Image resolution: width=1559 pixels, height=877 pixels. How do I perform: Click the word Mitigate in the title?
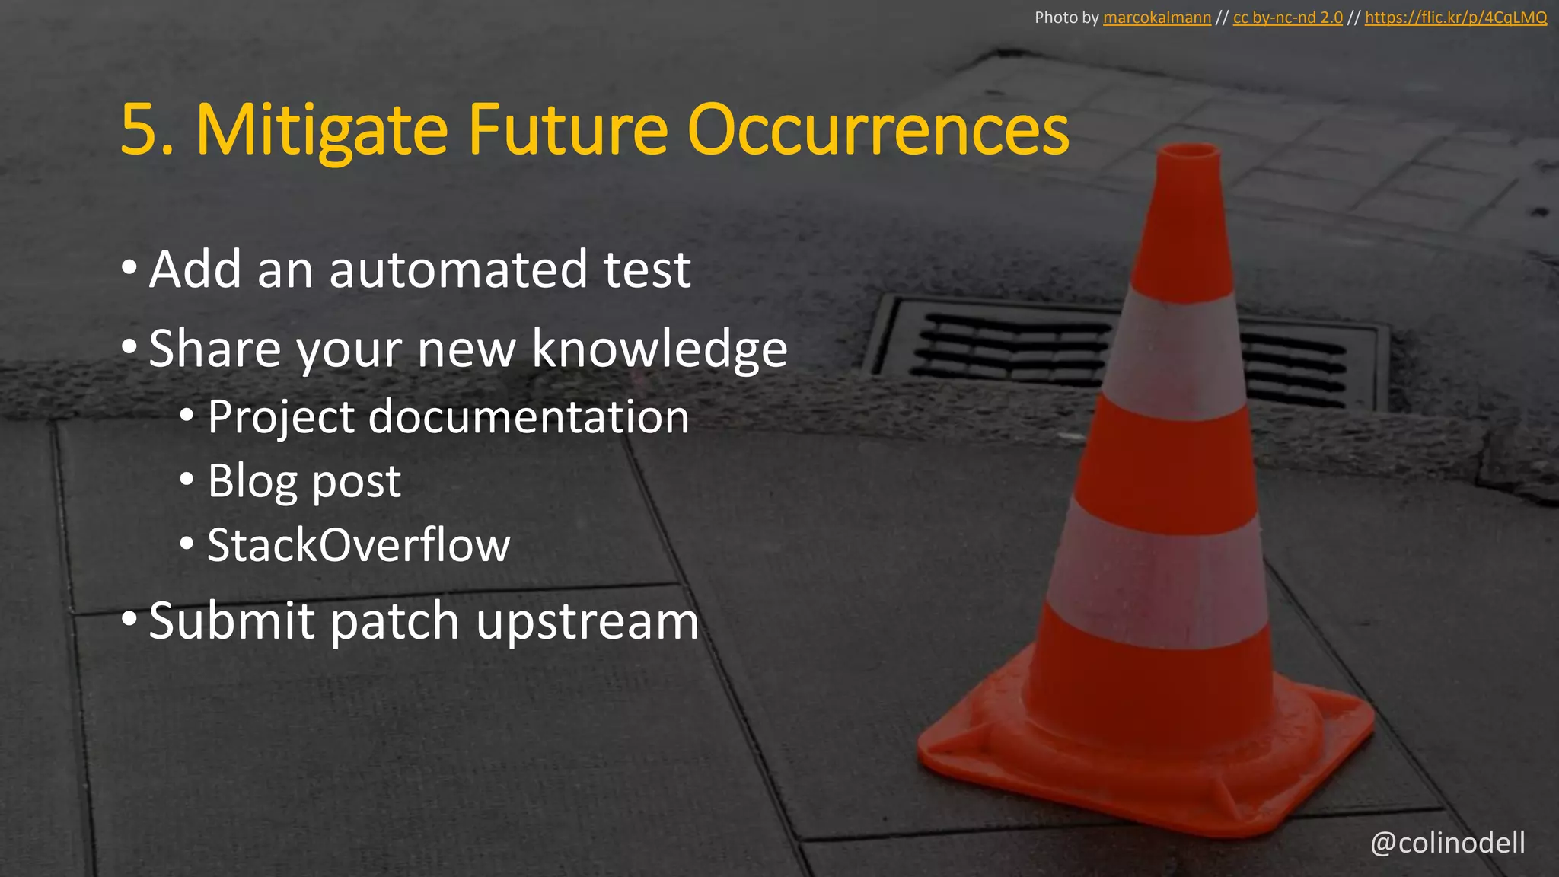tap(321, 131)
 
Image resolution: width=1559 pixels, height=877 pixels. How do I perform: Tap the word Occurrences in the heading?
tap(878, 131)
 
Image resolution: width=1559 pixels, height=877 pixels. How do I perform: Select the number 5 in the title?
tap(139, 131)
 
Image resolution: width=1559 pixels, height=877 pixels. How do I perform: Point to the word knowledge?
tap(659, 349)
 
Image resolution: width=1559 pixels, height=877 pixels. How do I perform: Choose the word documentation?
tap(528, 417)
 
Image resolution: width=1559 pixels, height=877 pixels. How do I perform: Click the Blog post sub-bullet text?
tap(304, 481)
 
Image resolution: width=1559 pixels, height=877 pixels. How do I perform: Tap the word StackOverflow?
tap(359, 545)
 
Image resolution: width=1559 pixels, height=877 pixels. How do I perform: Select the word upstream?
tap(587, 621)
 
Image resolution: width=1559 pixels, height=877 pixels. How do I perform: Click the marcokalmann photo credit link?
tap(1156, 18)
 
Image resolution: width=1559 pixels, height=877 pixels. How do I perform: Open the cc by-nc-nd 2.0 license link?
tap(1287, 18)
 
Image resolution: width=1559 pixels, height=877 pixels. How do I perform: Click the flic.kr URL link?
tap(1455, 18)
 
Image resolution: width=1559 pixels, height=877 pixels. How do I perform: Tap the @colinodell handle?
tap(1447, 843)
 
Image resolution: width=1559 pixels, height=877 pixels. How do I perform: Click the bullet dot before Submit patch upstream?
tap(129, 620)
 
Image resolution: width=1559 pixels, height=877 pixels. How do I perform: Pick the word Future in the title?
tap(568, 131)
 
